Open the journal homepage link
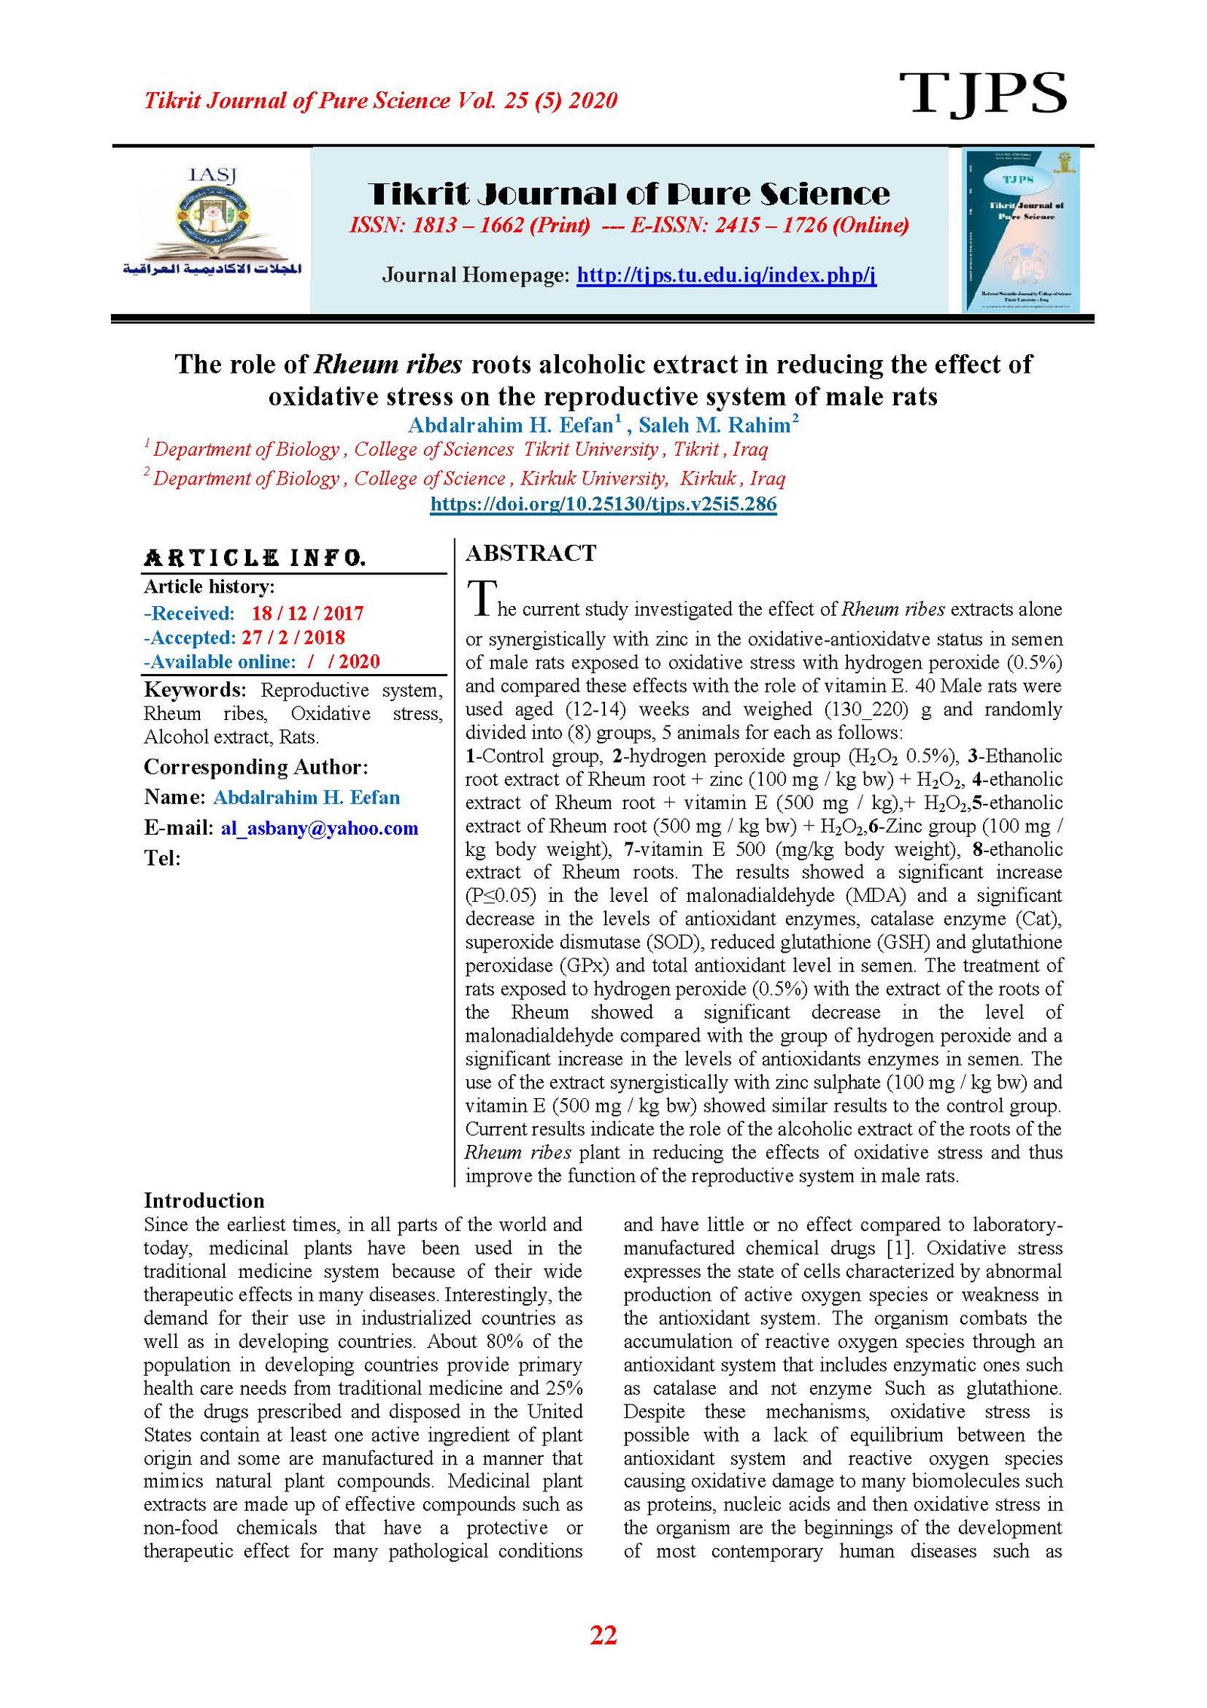[x=726, y=275]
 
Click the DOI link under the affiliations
[x=603, y=504]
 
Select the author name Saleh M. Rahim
[x=714, y=426]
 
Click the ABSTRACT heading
[x=530, y=553]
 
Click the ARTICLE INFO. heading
[x=255, y=559]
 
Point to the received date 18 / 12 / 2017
[x=308, y=613]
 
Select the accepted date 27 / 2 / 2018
[x=293, y=637]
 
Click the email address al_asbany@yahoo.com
[x=319, y=828]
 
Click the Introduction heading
[x=204, y=1201]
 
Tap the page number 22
[x=603, y=1635]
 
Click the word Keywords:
[x=195, y=690]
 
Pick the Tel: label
[x=162, y=858]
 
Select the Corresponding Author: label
[x=256, y=767]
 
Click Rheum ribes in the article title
[x=387, y=365]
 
